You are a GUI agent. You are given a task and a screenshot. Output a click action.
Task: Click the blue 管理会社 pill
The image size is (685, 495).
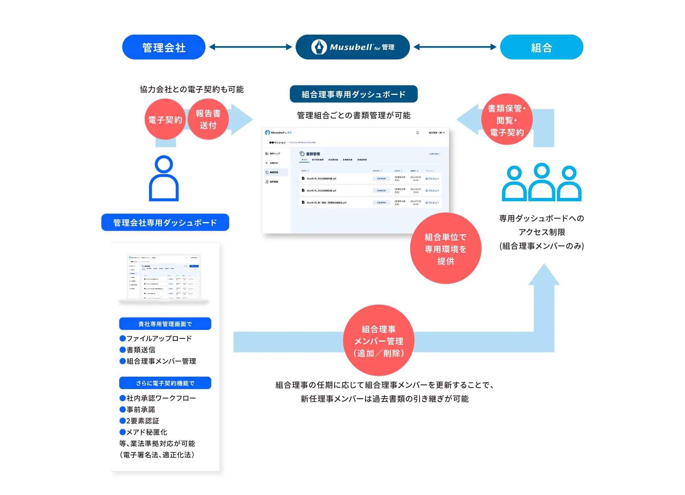164,47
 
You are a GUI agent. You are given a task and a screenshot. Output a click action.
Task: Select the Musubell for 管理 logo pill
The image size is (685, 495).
352,47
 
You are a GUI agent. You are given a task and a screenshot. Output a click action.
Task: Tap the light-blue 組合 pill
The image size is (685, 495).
541,47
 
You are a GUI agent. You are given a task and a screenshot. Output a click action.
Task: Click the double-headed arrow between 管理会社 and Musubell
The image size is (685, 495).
250,47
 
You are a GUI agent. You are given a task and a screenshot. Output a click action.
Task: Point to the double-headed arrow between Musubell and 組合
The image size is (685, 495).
455,47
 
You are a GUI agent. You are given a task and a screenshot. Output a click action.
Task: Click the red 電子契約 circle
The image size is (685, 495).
165,119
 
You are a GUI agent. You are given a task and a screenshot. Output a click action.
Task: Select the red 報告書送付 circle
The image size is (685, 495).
208,119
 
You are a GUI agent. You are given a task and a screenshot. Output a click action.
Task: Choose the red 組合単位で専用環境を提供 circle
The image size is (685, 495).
446,249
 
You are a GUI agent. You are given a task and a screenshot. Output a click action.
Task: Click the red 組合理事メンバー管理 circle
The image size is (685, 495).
379,340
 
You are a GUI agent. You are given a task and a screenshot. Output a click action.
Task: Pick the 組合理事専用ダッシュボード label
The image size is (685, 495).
353,94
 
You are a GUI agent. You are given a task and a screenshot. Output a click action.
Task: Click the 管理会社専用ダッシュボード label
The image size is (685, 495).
165,222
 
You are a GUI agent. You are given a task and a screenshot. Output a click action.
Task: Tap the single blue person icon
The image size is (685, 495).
164,179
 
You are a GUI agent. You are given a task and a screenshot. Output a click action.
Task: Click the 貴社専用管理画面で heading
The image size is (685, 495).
165,324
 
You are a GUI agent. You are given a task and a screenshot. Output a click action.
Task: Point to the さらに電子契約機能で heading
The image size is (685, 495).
165,383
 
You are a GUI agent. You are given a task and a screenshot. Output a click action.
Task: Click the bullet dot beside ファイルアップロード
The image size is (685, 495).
123,338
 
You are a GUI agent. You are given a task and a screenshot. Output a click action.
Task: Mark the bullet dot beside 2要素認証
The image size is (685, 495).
123,421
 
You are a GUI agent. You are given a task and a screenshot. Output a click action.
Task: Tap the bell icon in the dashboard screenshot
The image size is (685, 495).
418,133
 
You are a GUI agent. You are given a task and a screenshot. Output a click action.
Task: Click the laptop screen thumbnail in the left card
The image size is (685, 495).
164,277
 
